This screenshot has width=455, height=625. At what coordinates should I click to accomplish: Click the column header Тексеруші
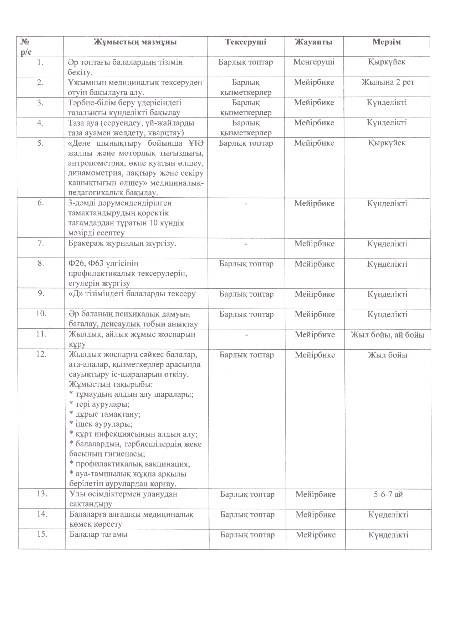246,42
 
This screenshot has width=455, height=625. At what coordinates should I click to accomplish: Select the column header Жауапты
314,42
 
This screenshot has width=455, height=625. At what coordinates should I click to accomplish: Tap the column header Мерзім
387,42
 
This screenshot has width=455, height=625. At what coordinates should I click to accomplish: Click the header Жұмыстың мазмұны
135,42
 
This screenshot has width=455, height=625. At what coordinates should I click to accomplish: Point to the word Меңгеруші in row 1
314,62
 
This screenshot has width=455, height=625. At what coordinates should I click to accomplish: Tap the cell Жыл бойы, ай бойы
388,335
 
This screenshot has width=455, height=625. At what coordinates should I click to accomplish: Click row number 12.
42,355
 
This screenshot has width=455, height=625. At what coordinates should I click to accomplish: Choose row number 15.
42,535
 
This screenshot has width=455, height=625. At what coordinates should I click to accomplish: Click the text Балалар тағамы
98,535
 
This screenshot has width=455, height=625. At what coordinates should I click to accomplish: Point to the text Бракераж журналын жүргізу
123,244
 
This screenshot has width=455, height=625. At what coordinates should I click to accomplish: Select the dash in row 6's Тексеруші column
246,204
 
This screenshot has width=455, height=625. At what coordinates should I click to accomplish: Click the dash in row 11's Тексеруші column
246,335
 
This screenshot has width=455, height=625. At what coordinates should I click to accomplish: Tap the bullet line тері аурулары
99,405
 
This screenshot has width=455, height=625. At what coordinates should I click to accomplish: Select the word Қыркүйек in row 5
387,143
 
